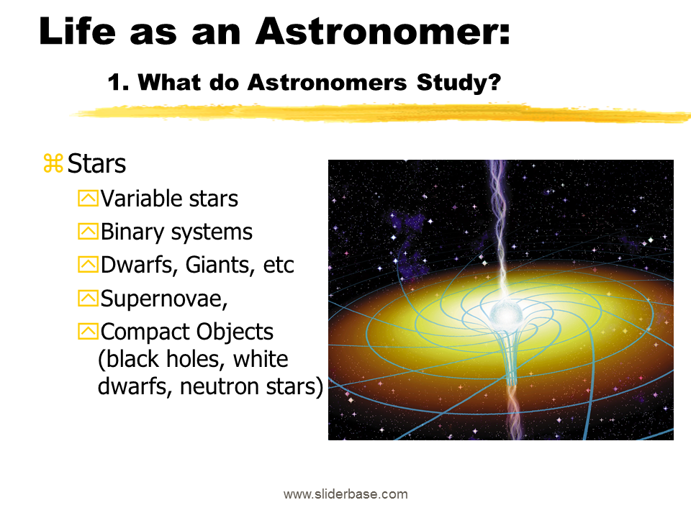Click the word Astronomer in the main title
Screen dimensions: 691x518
pos(382,32)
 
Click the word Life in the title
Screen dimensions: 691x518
pos(78,31)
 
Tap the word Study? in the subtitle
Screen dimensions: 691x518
pos(459,82)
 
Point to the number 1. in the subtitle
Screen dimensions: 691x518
pos(119,82)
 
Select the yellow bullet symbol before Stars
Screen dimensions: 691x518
pos(53,163)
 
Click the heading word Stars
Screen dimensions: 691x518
pos(96,163)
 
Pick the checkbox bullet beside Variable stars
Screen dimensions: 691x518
pos(88,199)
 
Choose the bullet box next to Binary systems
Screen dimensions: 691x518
pos(88,231)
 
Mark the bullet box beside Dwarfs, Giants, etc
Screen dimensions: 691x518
pos(88,265)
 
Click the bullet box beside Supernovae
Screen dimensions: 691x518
pos(88,298)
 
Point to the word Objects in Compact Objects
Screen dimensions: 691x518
pos(235,332)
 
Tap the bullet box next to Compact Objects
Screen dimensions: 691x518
pos(88,331)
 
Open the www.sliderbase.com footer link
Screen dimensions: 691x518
pos(345,494)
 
